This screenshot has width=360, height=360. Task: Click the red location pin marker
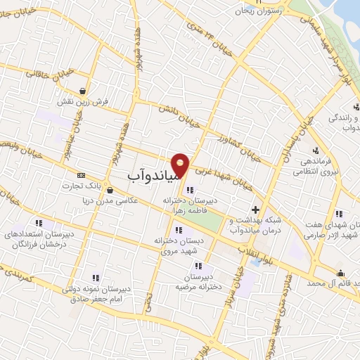(181, 164)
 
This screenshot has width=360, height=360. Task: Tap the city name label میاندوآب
(157, 172)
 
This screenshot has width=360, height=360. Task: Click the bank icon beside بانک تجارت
(81, 174)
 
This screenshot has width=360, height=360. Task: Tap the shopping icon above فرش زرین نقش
(84, 91)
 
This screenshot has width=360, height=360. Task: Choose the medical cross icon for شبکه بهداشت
(256, 209)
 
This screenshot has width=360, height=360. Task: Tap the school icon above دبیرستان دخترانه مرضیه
(199, 266)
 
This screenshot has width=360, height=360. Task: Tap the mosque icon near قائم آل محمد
(341, 273)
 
